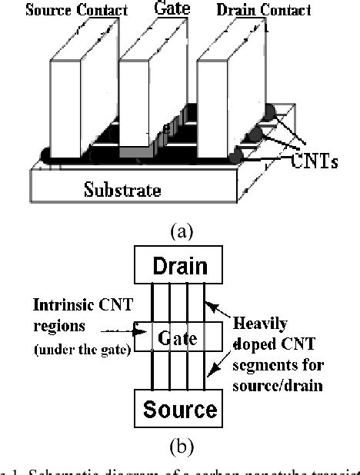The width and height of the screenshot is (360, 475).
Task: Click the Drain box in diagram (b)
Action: coord(180,267)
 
